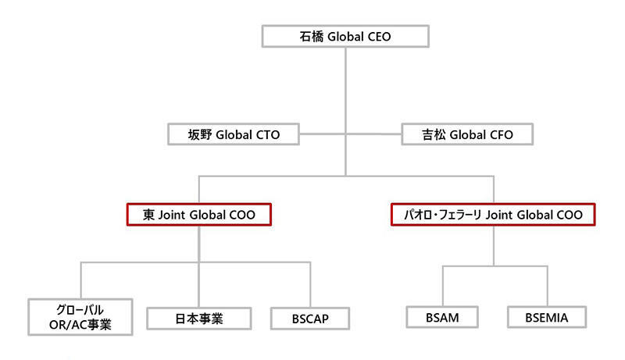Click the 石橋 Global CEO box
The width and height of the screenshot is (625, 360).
[x=345, y=36]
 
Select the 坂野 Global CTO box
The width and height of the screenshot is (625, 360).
[x=223, y=134]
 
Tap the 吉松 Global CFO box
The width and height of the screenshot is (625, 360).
[x=467, y=134]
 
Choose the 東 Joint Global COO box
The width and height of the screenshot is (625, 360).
[x=198, y=215]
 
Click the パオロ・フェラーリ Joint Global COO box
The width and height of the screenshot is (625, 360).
[x=492, y=215]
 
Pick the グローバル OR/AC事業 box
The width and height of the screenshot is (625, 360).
[x=77, y=317]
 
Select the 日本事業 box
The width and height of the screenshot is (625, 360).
[x=199, y=318]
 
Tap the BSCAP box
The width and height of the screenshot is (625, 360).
[x=309, y=319]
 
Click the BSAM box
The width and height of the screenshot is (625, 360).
[x=443, y=318]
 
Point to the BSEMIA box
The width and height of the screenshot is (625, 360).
[x=547, y=318]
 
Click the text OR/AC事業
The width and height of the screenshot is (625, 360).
[x=77, y=324]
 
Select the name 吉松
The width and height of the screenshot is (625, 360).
[x=434, y=134]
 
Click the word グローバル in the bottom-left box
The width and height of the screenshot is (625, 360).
[x=77, y=310]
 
